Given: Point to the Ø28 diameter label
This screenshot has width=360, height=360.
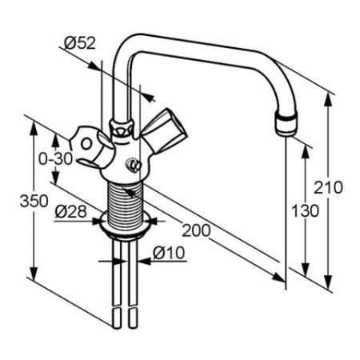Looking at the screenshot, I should [72, 212].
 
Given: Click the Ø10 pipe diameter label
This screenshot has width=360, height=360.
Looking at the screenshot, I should [169, 254].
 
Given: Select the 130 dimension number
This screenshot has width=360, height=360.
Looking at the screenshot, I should [305, 210].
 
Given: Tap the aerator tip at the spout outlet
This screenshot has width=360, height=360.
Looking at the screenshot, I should [286, 124].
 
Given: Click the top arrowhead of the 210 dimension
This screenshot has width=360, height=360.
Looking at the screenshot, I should [329, 97].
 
